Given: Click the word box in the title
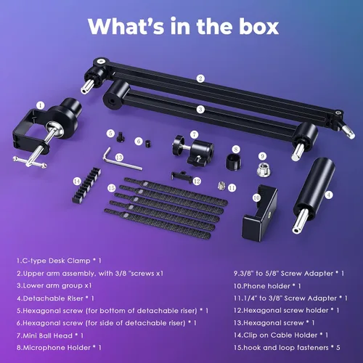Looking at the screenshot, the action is pyautogui.click(x=259, y=26).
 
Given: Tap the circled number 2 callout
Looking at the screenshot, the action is pyautogui.click(x=200, y=78).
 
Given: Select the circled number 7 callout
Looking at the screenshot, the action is pyautogui.click(x=194, y=135).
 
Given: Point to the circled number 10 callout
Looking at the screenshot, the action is pyautogui.click(x=256, y=198).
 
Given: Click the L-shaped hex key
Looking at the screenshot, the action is pyautogui.click(x=121, y=161).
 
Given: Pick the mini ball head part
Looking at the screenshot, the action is pyautogui.click(x=194, y=150).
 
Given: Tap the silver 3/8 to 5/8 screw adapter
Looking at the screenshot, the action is pyautogui.click(x=264, y=169).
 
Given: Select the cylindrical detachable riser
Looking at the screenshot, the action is pyautogui.click(x=314, y=195).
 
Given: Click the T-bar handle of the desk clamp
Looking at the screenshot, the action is pyautogui.click(x=30, y=163).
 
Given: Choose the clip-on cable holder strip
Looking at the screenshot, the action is pyautogui.click(x=86, y=184).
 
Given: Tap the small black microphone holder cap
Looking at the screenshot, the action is pyautogui.click(x=234, y=162).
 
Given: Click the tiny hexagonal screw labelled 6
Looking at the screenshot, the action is pyautogui.click(x=148, y=144).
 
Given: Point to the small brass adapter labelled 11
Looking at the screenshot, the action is pyautogui.click(x=221, y=186).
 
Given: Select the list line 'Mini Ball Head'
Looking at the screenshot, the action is pyautogui.click(x=50, y=335).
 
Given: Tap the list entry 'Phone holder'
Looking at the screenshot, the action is pyautogui.click(x=267, y=286).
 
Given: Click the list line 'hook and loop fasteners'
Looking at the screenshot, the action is pyautogui.click(x=287, y=348).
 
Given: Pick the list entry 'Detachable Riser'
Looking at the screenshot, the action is pyautogui.click(x=55, y=298).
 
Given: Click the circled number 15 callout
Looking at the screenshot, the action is pyautogui.click(x=111, y=188).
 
